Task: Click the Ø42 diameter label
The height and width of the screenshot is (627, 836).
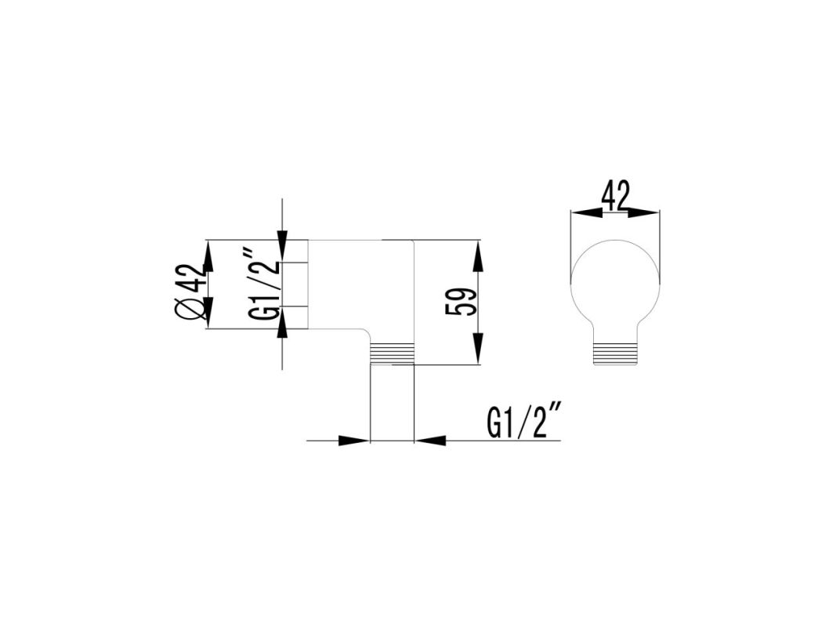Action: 190,292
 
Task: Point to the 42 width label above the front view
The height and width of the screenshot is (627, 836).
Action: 616,196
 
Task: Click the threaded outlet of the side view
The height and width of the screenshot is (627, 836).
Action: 392,353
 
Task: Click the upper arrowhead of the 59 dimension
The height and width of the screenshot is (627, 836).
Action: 478,256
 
